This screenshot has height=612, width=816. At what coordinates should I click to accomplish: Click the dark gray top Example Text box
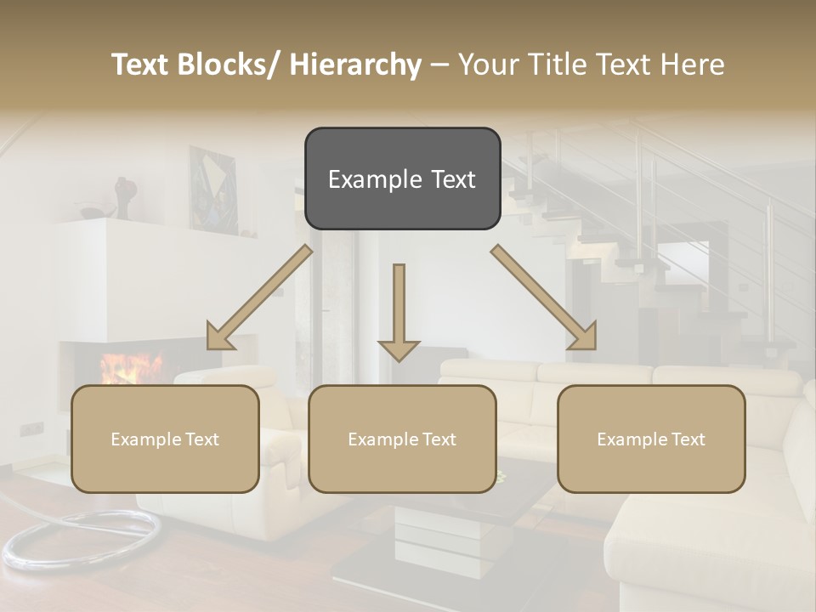[x=402, y=178]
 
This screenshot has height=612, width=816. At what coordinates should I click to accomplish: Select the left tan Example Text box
[x=165, y=439]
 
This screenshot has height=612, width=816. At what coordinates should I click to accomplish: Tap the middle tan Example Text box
[x=402, y=439]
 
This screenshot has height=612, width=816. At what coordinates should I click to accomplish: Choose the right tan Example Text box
[x=651, y=439]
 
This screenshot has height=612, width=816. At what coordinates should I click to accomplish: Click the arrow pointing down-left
[x=260, y=297]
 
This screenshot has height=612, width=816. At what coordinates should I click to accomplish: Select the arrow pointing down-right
[x=544, y=297]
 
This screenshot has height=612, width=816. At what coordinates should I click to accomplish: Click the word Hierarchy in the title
[x=355, y=65]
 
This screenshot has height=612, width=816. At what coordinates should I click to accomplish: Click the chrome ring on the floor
[x=81, y=539]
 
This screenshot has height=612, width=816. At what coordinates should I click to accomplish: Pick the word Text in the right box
[x=688, y=439]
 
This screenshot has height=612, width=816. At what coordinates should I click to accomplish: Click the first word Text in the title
[x=141, y=65]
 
